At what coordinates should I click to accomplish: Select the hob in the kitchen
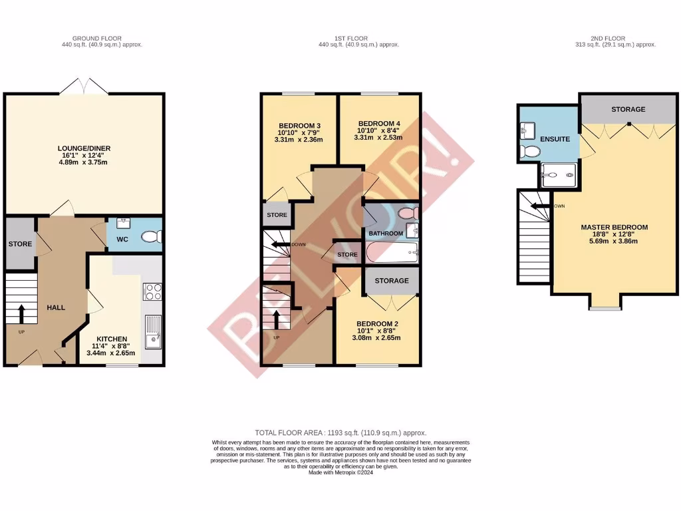pyautogui.click(x=152, y=291)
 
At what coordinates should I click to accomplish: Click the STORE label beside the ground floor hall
pyautogui.click(x=20, y=244)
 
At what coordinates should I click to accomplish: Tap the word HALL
pyautogui.click(x=56, y=307)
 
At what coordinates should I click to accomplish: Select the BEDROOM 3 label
pyautogui.click(x=299, y=126)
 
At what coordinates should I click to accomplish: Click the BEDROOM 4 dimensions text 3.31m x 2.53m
pyautogui.click(x=379, y=138)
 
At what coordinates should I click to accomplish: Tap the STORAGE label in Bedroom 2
pyautogui.click(x=392, y=281)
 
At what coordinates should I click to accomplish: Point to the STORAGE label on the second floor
pyautogui.click(x=628, y=109)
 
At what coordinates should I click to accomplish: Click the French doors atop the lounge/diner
pyautogui.click(x=84, y=86)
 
